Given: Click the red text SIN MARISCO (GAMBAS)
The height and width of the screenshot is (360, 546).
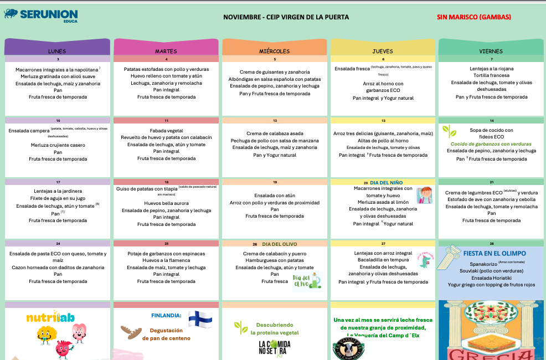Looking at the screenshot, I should coord(473,17).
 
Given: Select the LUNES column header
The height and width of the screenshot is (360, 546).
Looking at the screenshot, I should coord(57,51).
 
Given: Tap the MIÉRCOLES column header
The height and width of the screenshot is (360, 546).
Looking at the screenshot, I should coord(274,51).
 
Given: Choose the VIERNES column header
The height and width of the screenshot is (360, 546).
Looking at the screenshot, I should coord(491,51).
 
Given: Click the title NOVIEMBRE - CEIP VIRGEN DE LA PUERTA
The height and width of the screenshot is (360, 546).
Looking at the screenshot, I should coord(286,17).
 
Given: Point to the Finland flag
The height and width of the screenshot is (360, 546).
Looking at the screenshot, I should coord(200,318).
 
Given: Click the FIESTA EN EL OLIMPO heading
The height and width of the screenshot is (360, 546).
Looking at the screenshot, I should coord(495,253).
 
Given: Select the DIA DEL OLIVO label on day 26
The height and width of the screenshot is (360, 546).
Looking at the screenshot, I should coord(280,244).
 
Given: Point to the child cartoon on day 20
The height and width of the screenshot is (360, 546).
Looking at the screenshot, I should coord(425,196).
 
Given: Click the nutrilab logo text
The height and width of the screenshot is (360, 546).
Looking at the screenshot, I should coord(50,318).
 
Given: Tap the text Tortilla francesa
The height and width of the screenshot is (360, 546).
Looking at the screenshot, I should coord(491,76).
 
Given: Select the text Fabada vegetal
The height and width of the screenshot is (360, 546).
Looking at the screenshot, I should coord(166,130).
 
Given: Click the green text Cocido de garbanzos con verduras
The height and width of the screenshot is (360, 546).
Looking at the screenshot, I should coord(491,143).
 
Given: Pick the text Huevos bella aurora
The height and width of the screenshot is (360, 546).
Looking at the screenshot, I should coord(166,203).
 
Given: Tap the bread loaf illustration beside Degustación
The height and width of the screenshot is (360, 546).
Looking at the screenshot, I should coord(131,332).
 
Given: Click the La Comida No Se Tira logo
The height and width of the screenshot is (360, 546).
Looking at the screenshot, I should coord(274,347).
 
